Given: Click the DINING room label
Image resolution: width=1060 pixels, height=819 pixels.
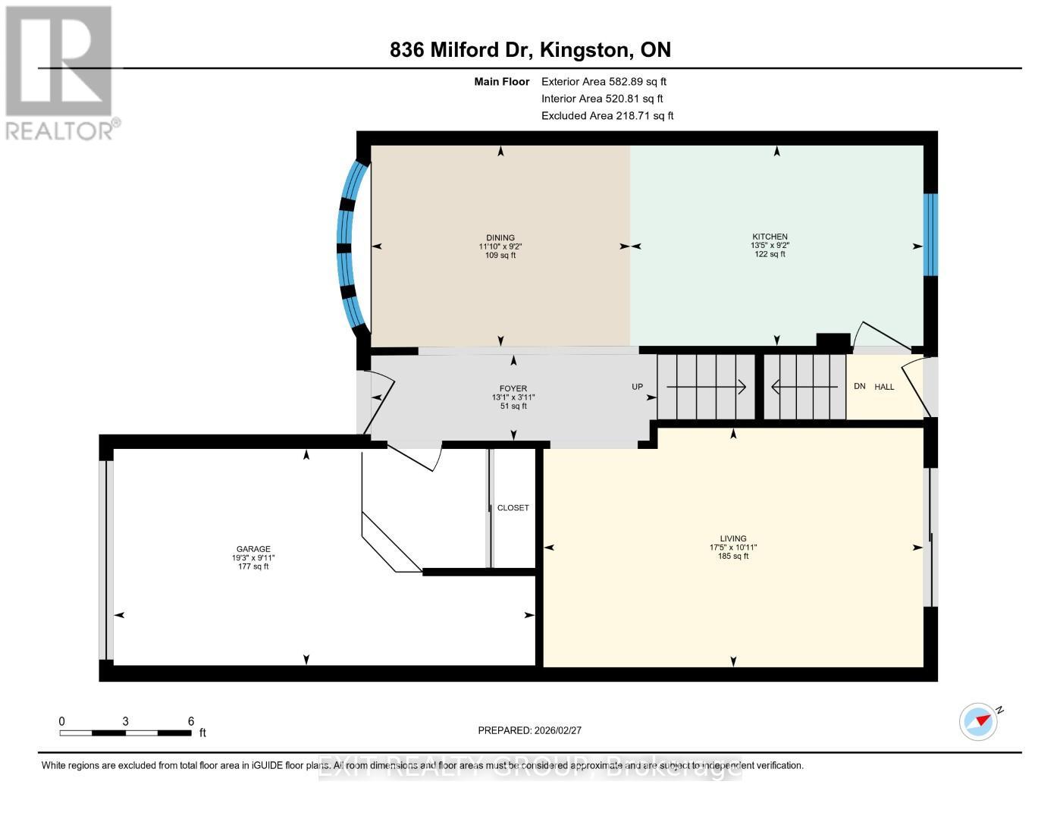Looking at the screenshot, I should point(500,237).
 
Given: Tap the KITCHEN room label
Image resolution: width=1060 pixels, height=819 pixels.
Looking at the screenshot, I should point(769,237).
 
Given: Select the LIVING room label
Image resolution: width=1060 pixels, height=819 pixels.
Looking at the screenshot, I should point(733,538).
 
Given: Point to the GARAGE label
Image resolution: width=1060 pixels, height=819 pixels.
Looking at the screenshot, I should point(253,549).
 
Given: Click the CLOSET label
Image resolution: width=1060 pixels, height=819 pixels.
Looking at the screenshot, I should point(513,508).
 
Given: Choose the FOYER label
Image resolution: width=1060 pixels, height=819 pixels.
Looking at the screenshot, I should point(513,388).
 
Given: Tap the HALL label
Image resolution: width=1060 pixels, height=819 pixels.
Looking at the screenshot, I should point(884,387).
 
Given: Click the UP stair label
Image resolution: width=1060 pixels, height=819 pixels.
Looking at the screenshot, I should point(637,387).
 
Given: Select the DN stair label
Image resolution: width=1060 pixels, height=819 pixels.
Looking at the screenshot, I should point(859,386).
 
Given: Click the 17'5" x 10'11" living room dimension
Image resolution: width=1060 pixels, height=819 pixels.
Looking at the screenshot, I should point(733,548).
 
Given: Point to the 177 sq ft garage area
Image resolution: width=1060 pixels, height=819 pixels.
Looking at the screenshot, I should point(253,566).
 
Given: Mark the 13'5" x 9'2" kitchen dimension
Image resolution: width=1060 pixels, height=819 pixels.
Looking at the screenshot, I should point(769,246).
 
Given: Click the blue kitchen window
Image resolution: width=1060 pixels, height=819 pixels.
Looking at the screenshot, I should point(930,234).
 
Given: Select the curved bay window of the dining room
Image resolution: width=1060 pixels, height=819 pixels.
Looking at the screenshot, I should point(350,246).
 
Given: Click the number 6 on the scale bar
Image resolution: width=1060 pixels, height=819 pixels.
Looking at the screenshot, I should point(191,721).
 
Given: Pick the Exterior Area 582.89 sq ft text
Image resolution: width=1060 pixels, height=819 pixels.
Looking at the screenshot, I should point(604,81).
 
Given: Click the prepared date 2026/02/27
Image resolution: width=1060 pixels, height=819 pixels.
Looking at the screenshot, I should point(557,730).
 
